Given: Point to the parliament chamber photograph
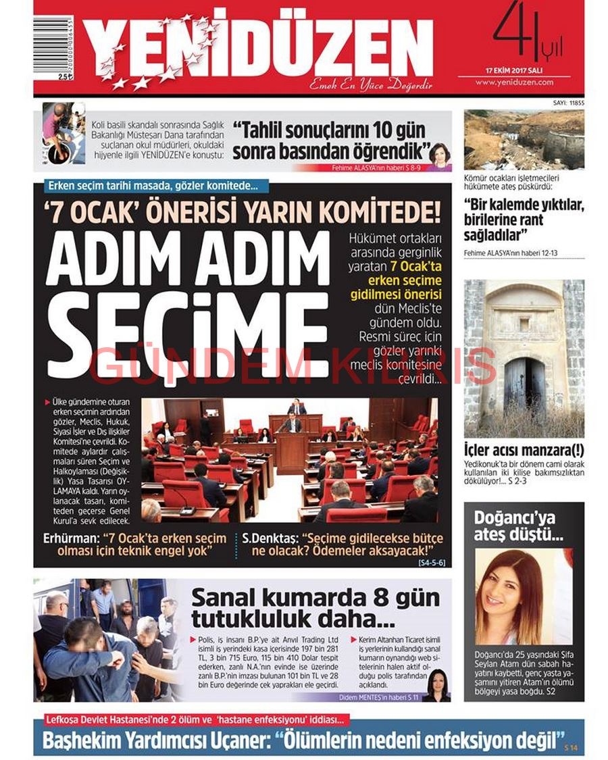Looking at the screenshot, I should click(289, 459).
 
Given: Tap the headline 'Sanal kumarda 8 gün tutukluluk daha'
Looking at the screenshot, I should click(314, 608).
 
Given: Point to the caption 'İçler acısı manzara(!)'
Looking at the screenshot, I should click(524, 451).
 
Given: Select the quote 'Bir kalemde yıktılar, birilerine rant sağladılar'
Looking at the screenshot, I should click(524, 220).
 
